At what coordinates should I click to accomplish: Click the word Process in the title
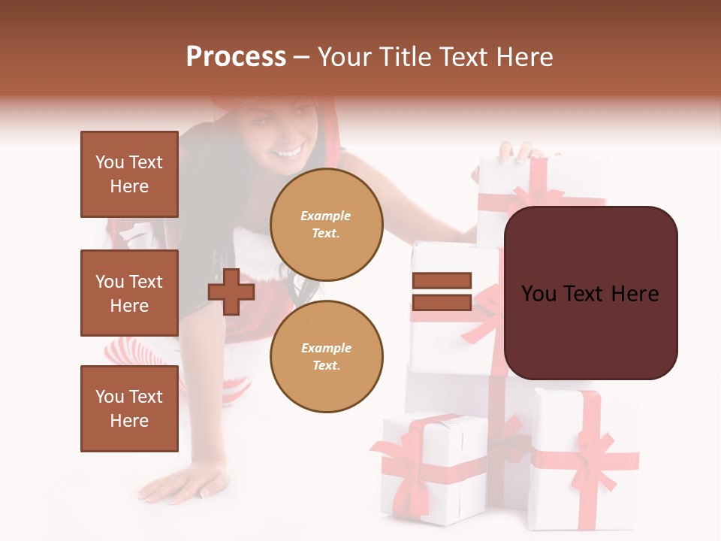coord(236,57)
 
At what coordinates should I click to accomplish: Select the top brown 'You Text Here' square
coord(129,174)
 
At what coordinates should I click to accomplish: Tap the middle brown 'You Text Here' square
coord(129,293)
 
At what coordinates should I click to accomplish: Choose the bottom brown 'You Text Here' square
coord(129,409)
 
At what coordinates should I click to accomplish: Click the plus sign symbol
coord(231,292)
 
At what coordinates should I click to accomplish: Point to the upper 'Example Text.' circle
coord(326,224)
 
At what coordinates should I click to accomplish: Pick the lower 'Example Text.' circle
coord(326,356)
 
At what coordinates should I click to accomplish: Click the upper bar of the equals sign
coord(442,281)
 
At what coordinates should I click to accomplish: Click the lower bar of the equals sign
coord(442,303)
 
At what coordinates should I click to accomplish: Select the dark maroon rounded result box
coord(590,293)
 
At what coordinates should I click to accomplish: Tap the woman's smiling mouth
coord(286,153)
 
